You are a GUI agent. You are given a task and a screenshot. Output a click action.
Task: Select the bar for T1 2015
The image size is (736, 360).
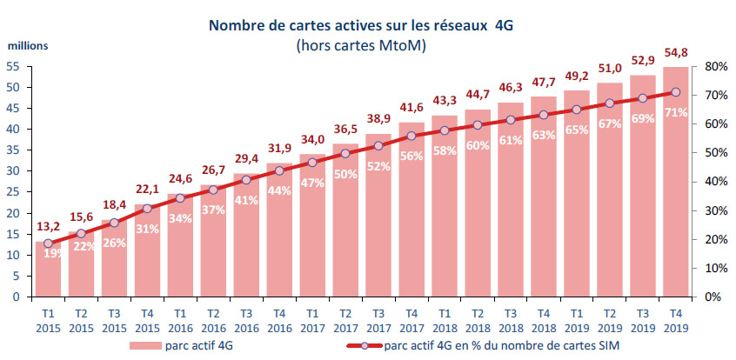[x=49, y=270]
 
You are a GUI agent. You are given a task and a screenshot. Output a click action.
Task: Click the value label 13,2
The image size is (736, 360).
[x=49, y=229]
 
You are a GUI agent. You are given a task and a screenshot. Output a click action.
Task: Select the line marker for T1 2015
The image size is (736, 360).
[x=49, y=243]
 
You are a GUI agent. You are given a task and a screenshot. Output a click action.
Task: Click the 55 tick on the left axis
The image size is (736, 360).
[x=13, y=67]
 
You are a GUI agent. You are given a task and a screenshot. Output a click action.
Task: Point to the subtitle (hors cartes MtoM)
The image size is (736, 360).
[x=360, y=46]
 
